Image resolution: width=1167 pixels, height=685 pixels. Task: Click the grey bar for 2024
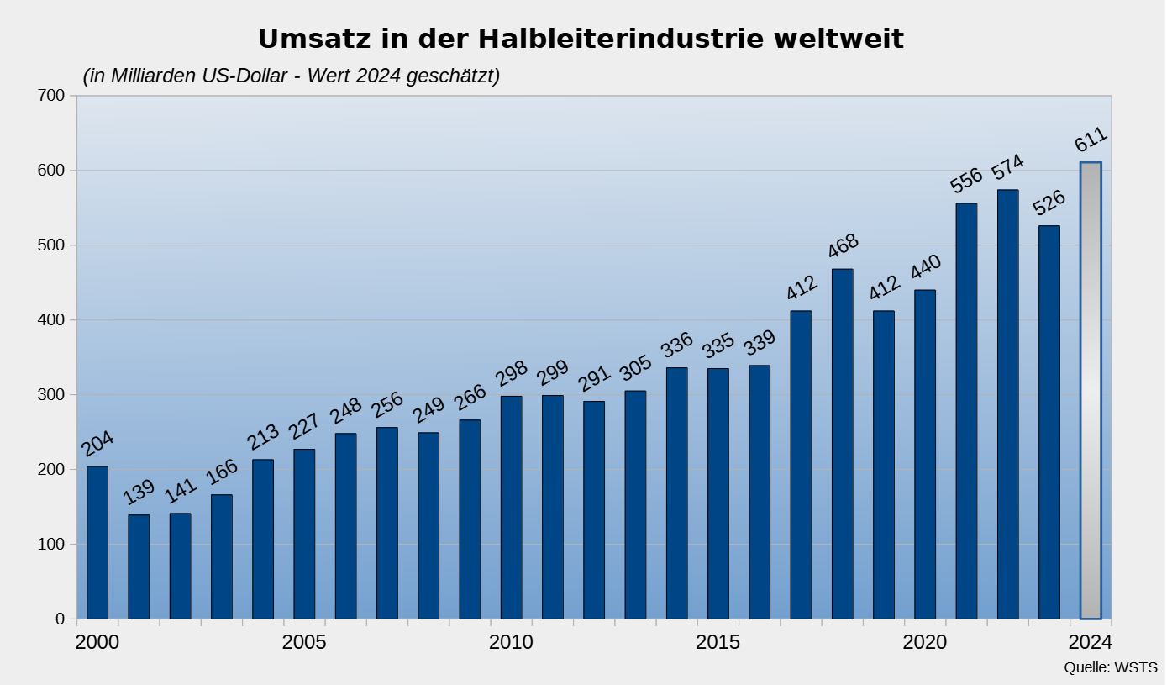point(1091,391)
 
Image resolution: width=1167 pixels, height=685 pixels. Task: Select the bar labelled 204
point(97,542)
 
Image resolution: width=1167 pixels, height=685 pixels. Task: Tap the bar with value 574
point(1008,404)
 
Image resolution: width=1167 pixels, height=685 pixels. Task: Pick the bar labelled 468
point(843,444)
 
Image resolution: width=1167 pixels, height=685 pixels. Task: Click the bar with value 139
point(139,566)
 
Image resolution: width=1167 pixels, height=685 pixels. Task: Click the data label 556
point(966,180)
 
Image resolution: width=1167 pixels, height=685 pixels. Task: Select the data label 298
point(511,373)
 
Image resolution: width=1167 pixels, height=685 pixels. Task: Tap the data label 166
point(222,472)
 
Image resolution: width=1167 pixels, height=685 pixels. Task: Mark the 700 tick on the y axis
point(52,96)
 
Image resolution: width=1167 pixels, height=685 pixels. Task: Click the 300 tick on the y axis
point(52,395)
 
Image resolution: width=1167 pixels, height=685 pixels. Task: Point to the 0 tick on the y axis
point(60,619)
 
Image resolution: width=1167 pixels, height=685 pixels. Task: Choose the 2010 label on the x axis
point(511,643)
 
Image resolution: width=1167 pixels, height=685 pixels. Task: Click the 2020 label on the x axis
point(925,643)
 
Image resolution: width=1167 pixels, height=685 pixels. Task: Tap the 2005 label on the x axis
point(304,643)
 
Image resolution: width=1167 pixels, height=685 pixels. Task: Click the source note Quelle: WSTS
point(1110,668)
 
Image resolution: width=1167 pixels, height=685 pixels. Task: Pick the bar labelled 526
point(1049,422)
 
